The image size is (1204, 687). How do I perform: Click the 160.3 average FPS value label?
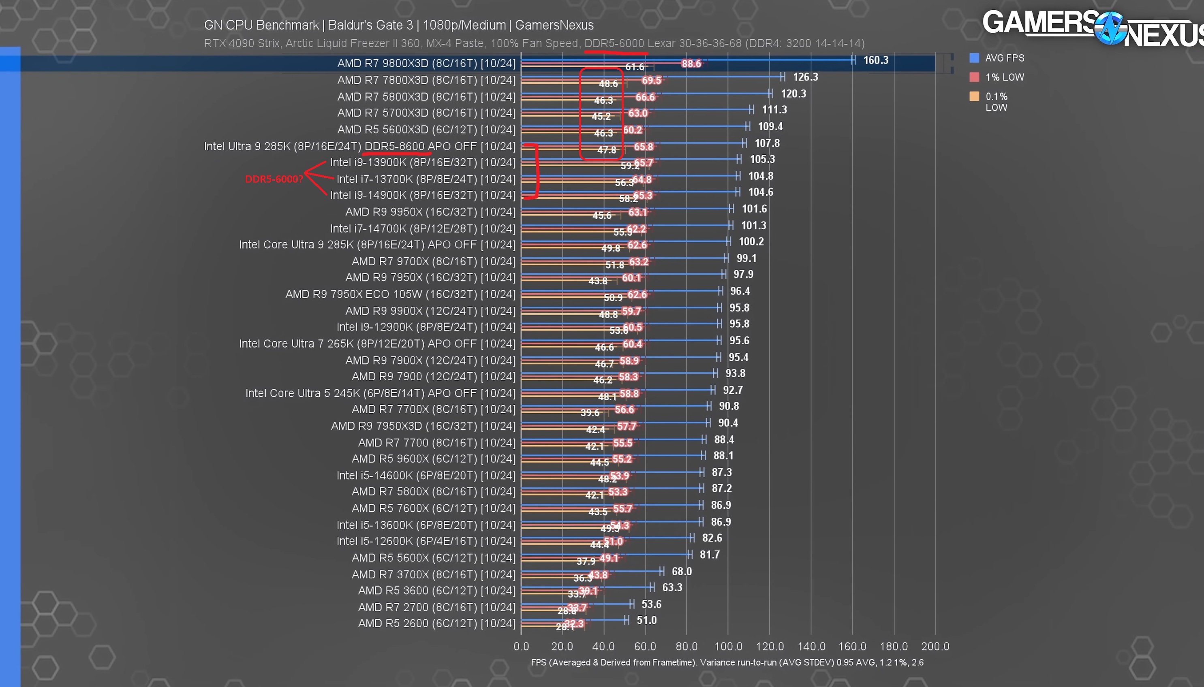[x=875, y=60]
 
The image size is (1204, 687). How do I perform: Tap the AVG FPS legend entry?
[x=1004, y=58]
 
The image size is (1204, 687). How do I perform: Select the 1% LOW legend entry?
[x=1004, y=77]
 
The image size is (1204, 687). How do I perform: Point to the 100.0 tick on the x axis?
[x=728, y=646]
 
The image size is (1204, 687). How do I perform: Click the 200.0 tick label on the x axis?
[x=935, y=646]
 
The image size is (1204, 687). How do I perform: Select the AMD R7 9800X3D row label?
[x=426, y=63]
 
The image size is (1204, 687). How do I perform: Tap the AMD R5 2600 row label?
[x=436, y=623]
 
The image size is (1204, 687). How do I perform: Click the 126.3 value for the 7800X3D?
[x=805, y=77]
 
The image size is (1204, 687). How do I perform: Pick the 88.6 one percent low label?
[x=691, y=64]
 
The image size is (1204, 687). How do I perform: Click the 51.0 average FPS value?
[x=647, y=620]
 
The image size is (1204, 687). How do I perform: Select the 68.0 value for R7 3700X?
[x=682, y=572]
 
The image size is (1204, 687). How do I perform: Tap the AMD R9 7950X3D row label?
[x=423, y=426]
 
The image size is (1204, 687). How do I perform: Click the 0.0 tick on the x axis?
[x=521, y=646]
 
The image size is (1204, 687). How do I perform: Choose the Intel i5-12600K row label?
[x=426, y=541]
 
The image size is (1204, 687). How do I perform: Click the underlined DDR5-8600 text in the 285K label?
[x=395, y=146]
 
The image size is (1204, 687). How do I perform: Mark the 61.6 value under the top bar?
[x=634, y=67]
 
